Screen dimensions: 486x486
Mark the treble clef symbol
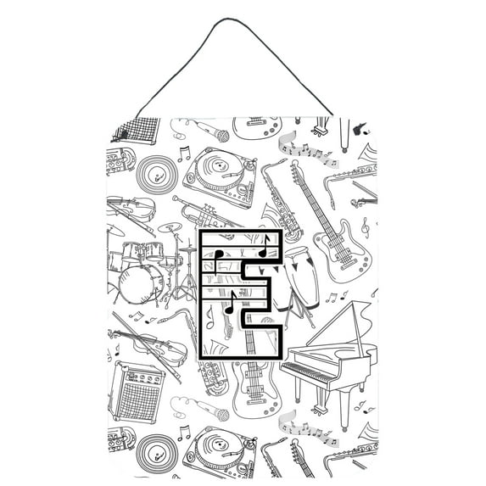point(366,226)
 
